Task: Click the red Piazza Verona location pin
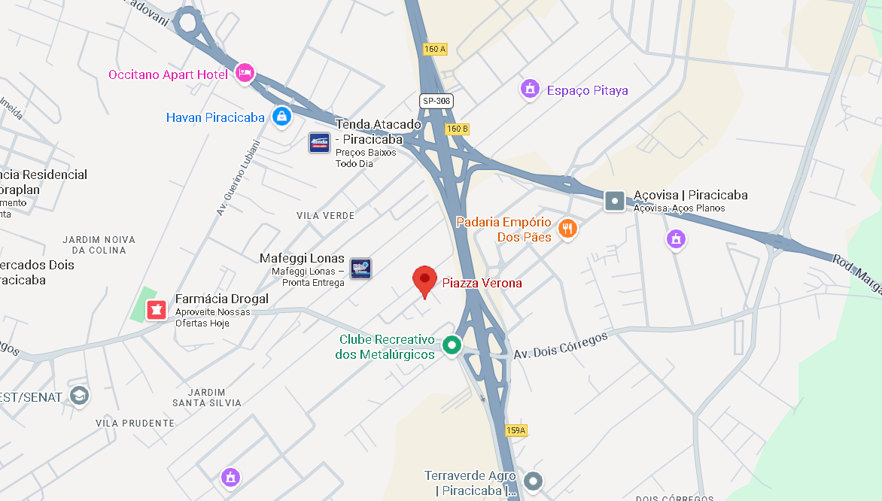pyautogui.click(x=424, y=280)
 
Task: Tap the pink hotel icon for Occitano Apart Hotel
pyautogui.click(x=245, y=73)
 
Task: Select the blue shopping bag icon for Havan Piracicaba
pyautogui.click(x=281, y=116)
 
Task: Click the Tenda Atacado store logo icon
pyautogui.click(x=319, y=142)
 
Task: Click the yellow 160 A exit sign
pyautogui.click(x=435, y=49)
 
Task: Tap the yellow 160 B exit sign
pyautogui.click(x=457, y=129)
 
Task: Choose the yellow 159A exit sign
pyautogui.click(x=516, y=430)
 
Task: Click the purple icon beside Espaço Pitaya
pyautogui.click(x=531, y=89)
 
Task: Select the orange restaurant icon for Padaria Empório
pyautogui.click(x=567, y=228)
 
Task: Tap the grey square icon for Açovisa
pyautogui.click(x=615, y=200)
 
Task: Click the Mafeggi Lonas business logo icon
pyautogui.click(x=360, y=269)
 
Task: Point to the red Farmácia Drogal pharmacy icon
pyautogui.click(x=157, y=308)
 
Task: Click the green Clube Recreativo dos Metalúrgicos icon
pyautogui.click(x=452, y=345)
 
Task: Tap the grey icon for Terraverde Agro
pyautogui.click(x=533, y=480)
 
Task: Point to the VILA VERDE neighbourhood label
pyautogui.click(x=325, y=215)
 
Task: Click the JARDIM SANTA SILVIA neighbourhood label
pyautogui.click(x=207, y=397)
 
